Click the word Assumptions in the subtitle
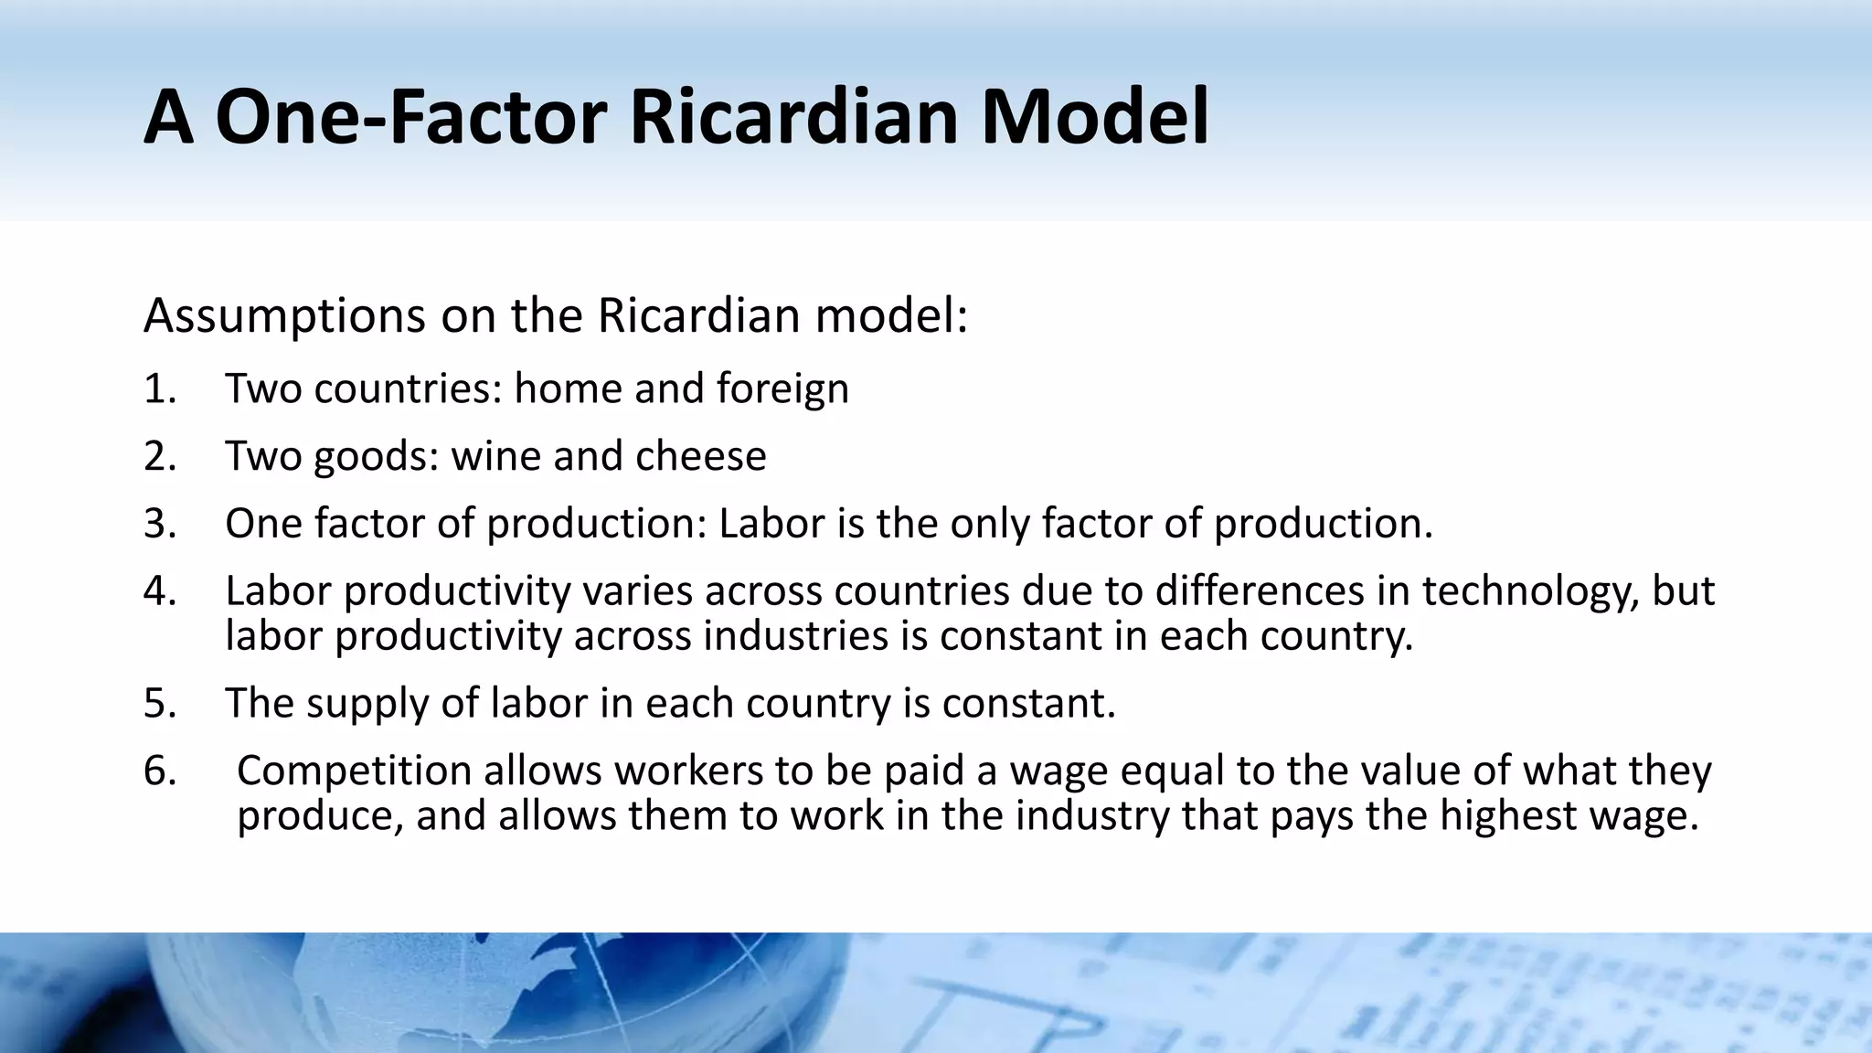click(284, 316)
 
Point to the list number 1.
click(159, 388)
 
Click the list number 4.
click(159, 591)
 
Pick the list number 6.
click(159, 771)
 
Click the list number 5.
click(159, 704)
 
